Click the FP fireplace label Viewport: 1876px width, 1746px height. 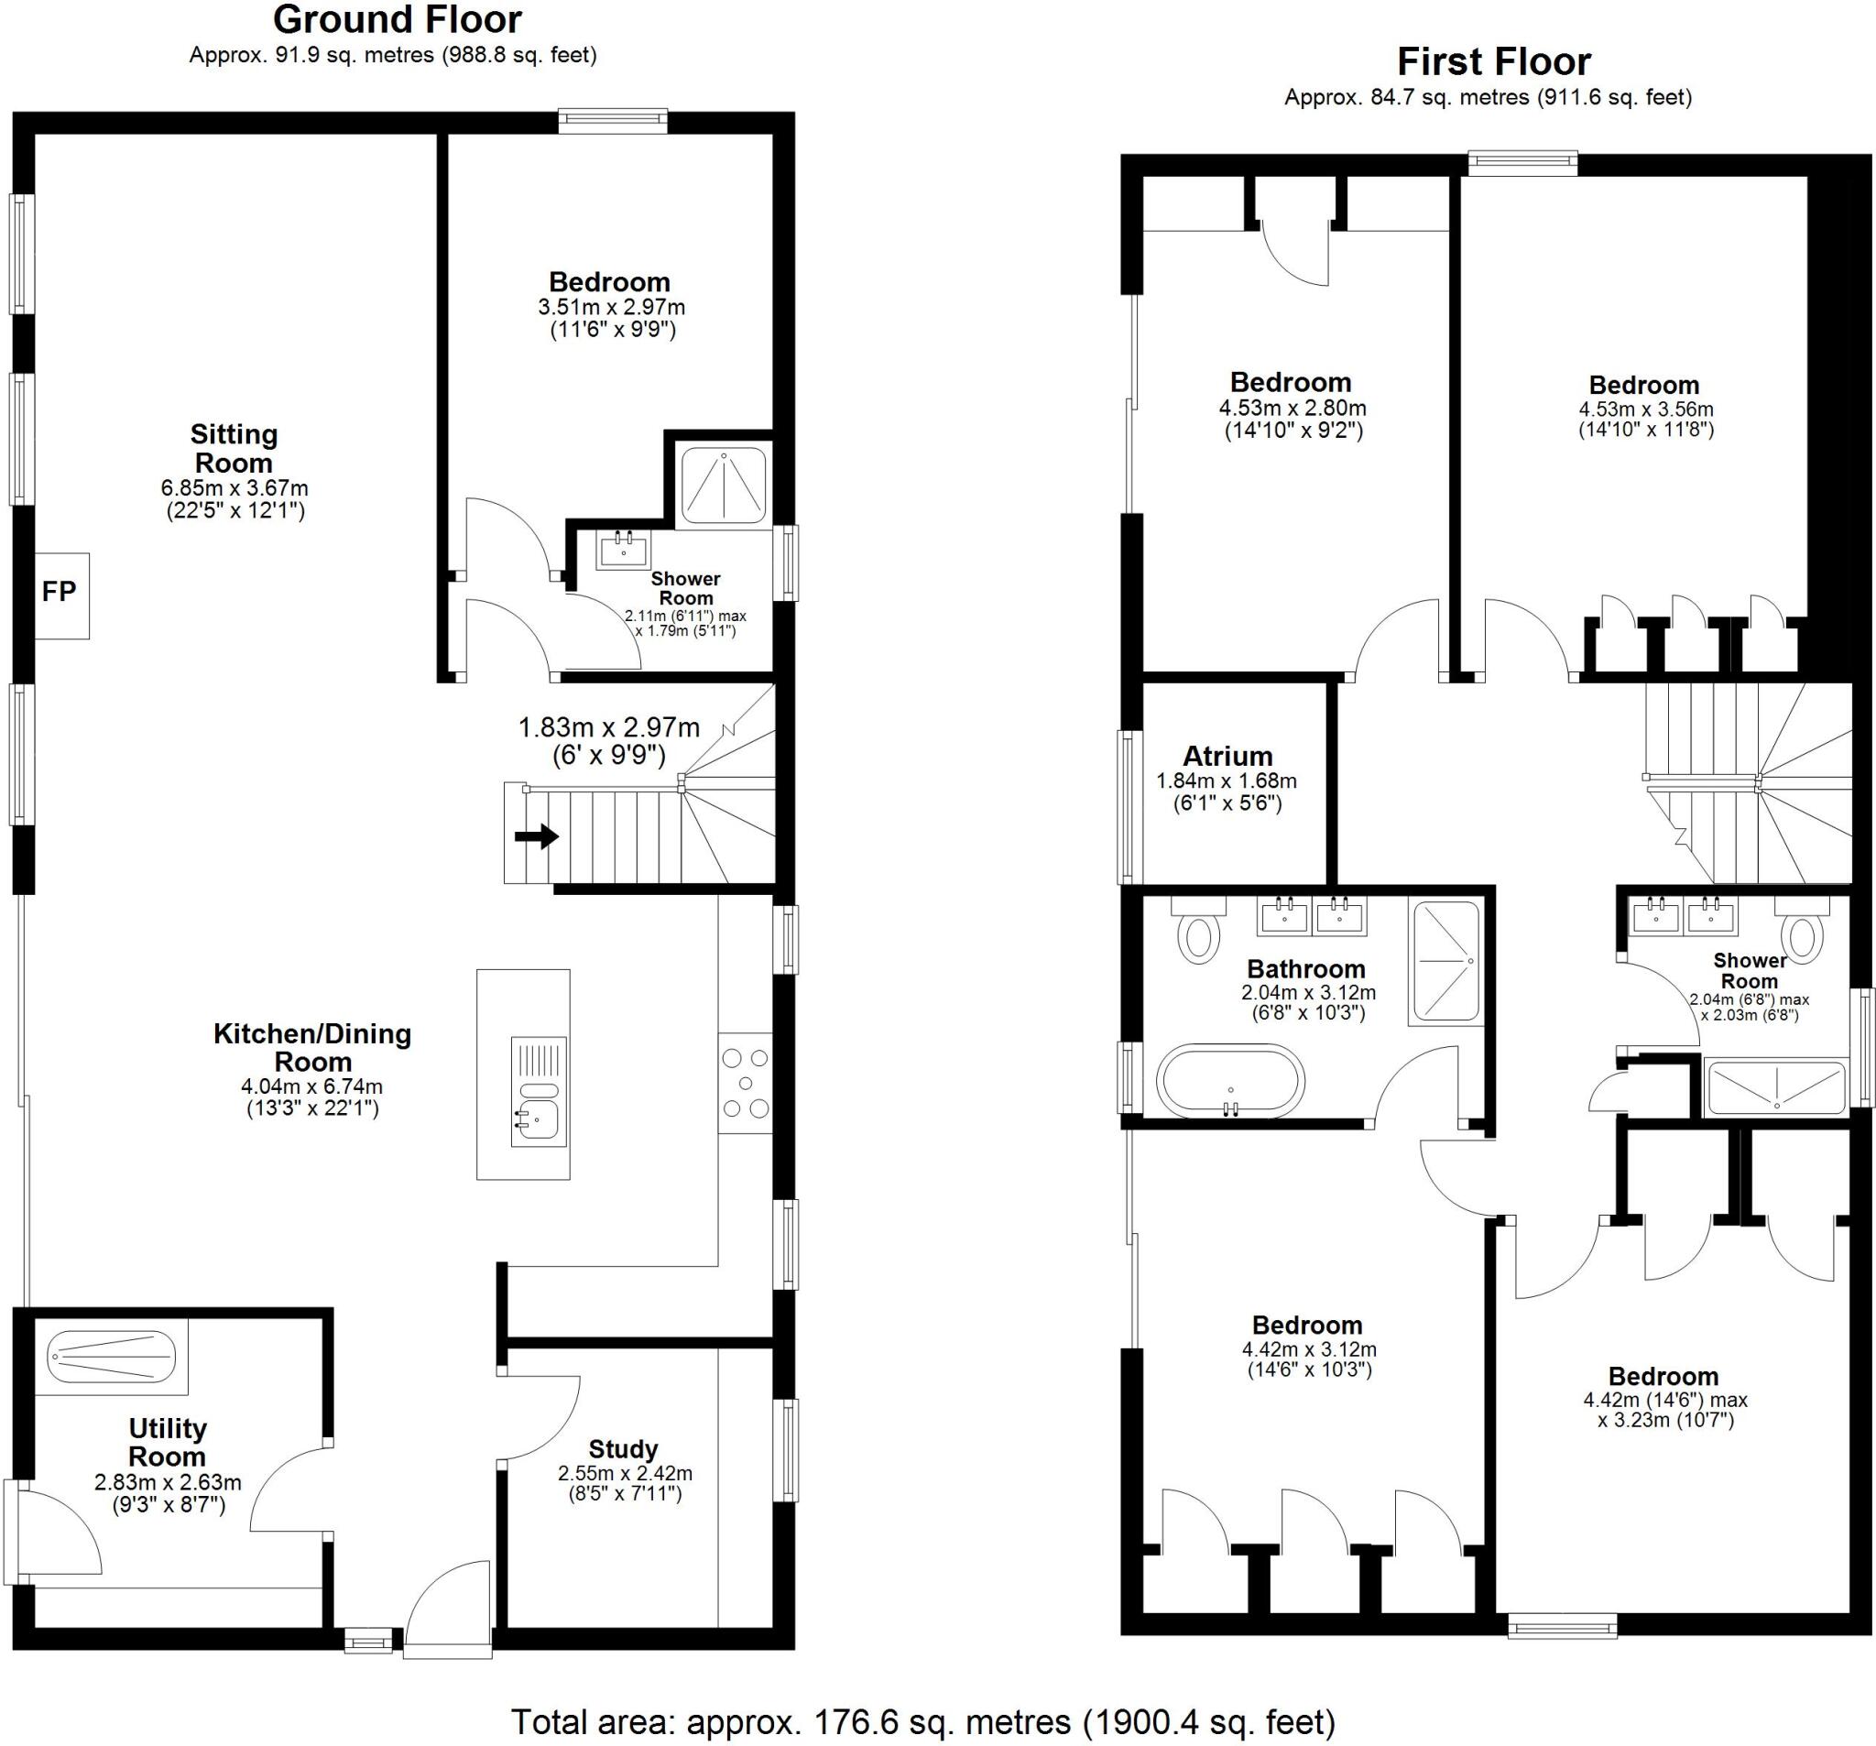pos(59,592)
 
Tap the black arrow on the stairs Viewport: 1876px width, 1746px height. pos(537,836)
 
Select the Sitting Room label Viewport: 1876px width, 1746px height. pos(234,448)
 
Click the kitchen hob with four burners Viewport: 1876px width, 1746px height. pos(746,1084)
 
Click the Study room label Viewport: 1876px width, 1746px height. pos(623,1449)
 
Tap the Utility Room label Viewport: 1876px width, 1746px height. pos(167,1442)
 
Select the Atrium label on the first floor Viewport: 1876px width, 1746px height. pos(1227,756)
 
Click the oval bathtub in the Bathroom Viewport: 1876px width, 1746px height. pos(1230,1081)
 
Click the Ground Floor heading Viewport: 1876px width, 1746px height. pos(398,20)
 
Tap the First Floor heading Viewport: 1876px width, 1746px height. pos(1494,62)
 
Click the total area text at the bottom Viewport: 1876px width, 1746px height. pos(923,1721)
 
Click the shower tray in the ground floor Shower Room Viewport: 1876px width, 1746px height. pos(724,485)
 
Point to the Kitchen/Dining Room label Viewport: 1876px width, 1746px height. pos(312,1048)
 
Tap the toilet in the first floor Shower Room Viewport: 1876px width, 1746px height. pos(1801,930)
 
